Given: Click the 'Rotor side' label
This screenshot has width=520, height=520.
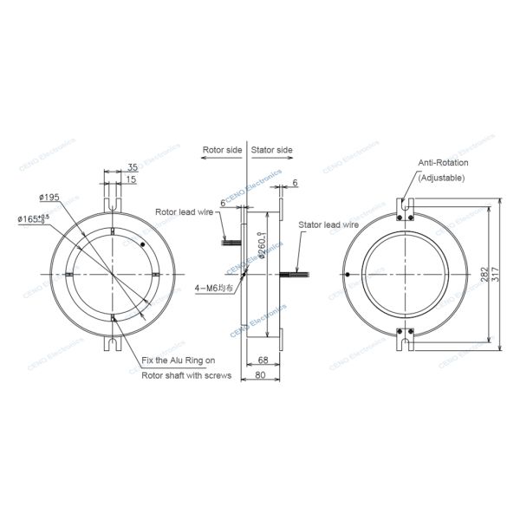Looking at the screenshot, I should pyautogui.click(x=222, y=150).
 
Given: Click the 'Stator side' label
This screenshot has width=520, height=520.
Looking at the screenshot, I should pyautogui.click(x=272, y=150).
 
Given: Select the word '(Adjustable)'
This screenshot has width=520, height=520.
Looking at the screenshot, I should pyautogui.click(x=441, y=178).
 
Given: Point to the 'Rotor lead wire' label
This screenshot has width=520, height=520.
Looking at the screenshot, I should pyautogui.click(x=185, y=211).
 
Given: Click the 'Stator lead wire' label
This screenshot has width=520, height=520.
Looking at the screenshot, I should pyautogui.click(x=328, y=224).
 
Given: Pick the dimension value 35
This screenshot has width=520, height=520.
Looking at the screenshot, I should pyautogui.click(x=132, y=166).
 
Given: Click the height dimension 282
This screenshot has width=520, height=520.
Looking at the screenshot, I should pyautogui.click(x=484, y=276).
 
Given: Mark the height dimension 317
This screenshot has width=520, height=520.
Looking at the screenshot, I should pyautogui.click(x=499, y=276).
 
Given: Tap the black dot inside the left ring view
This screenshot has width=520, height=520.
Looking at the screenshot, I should pyautogui.click(x=142, y=245).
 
